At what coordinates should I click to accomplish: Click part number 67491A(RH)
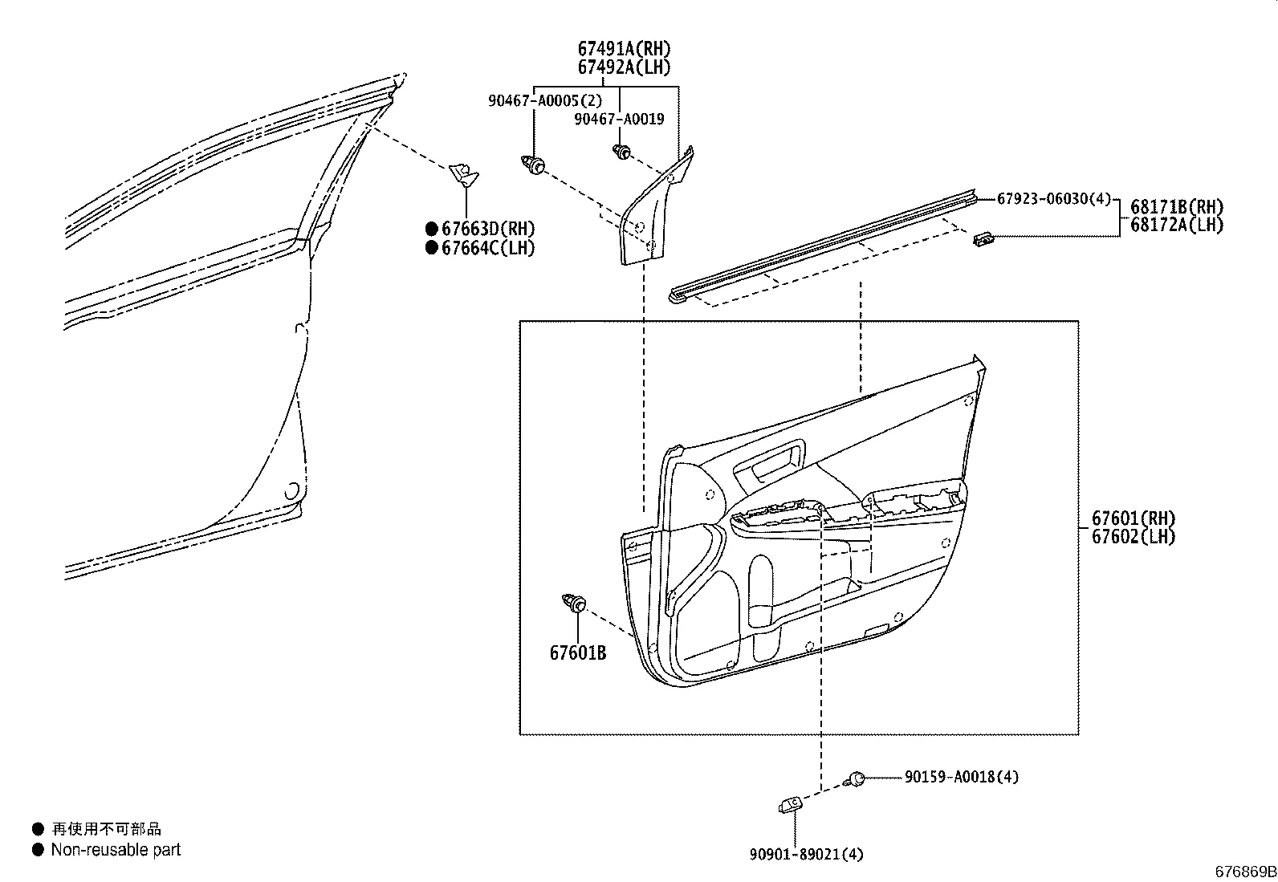pyautogui.click(x=624, y=49)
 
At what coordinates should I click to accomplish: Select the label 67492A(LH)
pyautogui.click(x=624, y=67)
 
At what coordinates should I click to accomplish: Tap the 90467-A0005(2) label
pyautogui.click(x=544, y=101)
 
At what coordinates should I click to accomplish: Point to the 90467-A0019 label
pyautogui.click(x=619, y=120)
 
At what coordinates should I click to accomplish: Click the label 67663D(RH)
pyautogui.click(x=488, y=230)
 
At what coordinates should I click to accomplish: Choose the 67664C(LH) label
pyautogui.click(x=488, y=248)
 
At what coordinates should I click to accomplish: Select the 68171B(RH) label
pyautogui.click(x=1177, y=207)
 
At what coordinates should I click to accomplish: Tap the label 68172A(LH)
pyautogui.click(x=1177, y=226)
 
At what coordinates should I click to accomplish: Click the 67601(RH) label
pyautogui.click(x=1133, y=518)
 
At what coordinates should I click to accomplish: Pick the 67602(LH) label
pyautogui.click(x=1133, y=537)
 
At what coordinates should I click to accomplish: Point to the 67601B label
pyautogui.click(x=578, y=653)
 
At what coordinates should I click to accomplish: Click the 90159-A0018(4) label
pyautogui.click(x=962, y=777)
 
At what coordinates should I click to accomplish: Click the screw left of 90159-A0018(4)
pyautogui.click(x=856, y=778)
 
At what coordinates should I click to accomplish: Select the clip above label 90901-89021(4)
pyautogui.click(x=790, y=803)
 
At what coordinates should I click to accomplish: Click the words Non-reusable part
pyautogui.click(x=116, y=850)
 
